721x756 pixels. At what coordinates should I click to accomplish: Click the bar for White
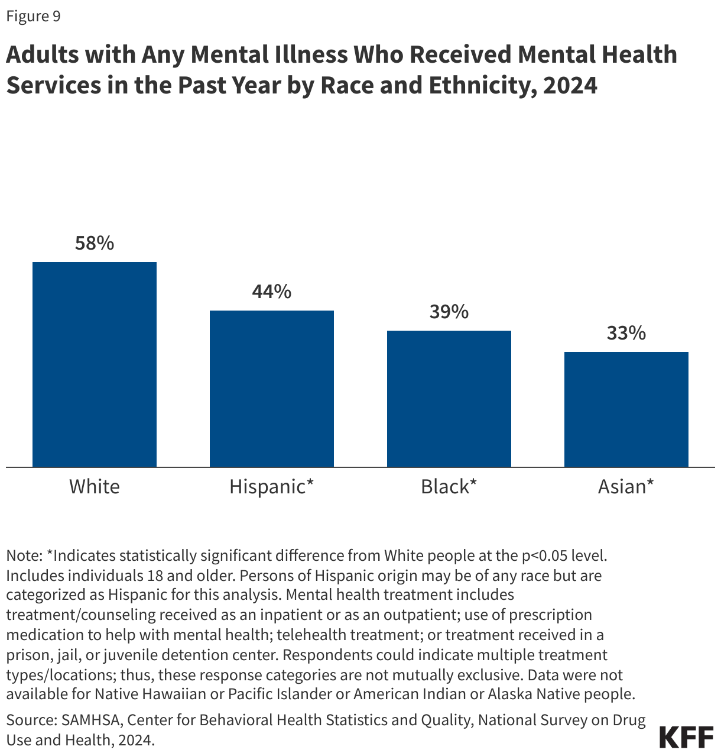95,364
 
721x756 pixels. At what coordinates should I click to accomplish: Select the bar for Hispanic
272,389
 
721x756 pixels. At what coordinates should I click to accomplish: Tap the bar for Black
449,399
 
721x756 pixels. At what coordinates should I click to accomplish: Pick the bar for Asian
626,409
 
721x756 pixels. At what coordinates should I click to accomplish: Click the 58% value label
95,243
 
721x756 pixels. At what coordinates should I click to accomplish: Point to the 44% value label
272,292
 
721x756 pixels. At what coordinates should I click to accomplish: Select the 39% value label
449,312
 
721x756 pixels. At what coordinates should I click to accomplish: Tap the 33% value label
626,334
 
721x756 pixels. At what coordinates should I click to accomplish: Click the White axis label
95,487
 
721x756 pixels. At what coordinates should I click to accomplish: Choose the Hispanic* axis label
272,487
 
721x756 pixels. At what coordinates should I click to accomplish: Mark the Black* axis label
449,487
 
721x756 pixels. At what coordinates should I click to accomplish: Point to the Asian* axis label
626,487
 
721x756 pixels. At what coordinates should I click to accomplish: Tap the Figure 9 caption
33,17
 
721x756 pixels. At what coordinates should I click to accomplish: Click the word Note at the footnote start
22,556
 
